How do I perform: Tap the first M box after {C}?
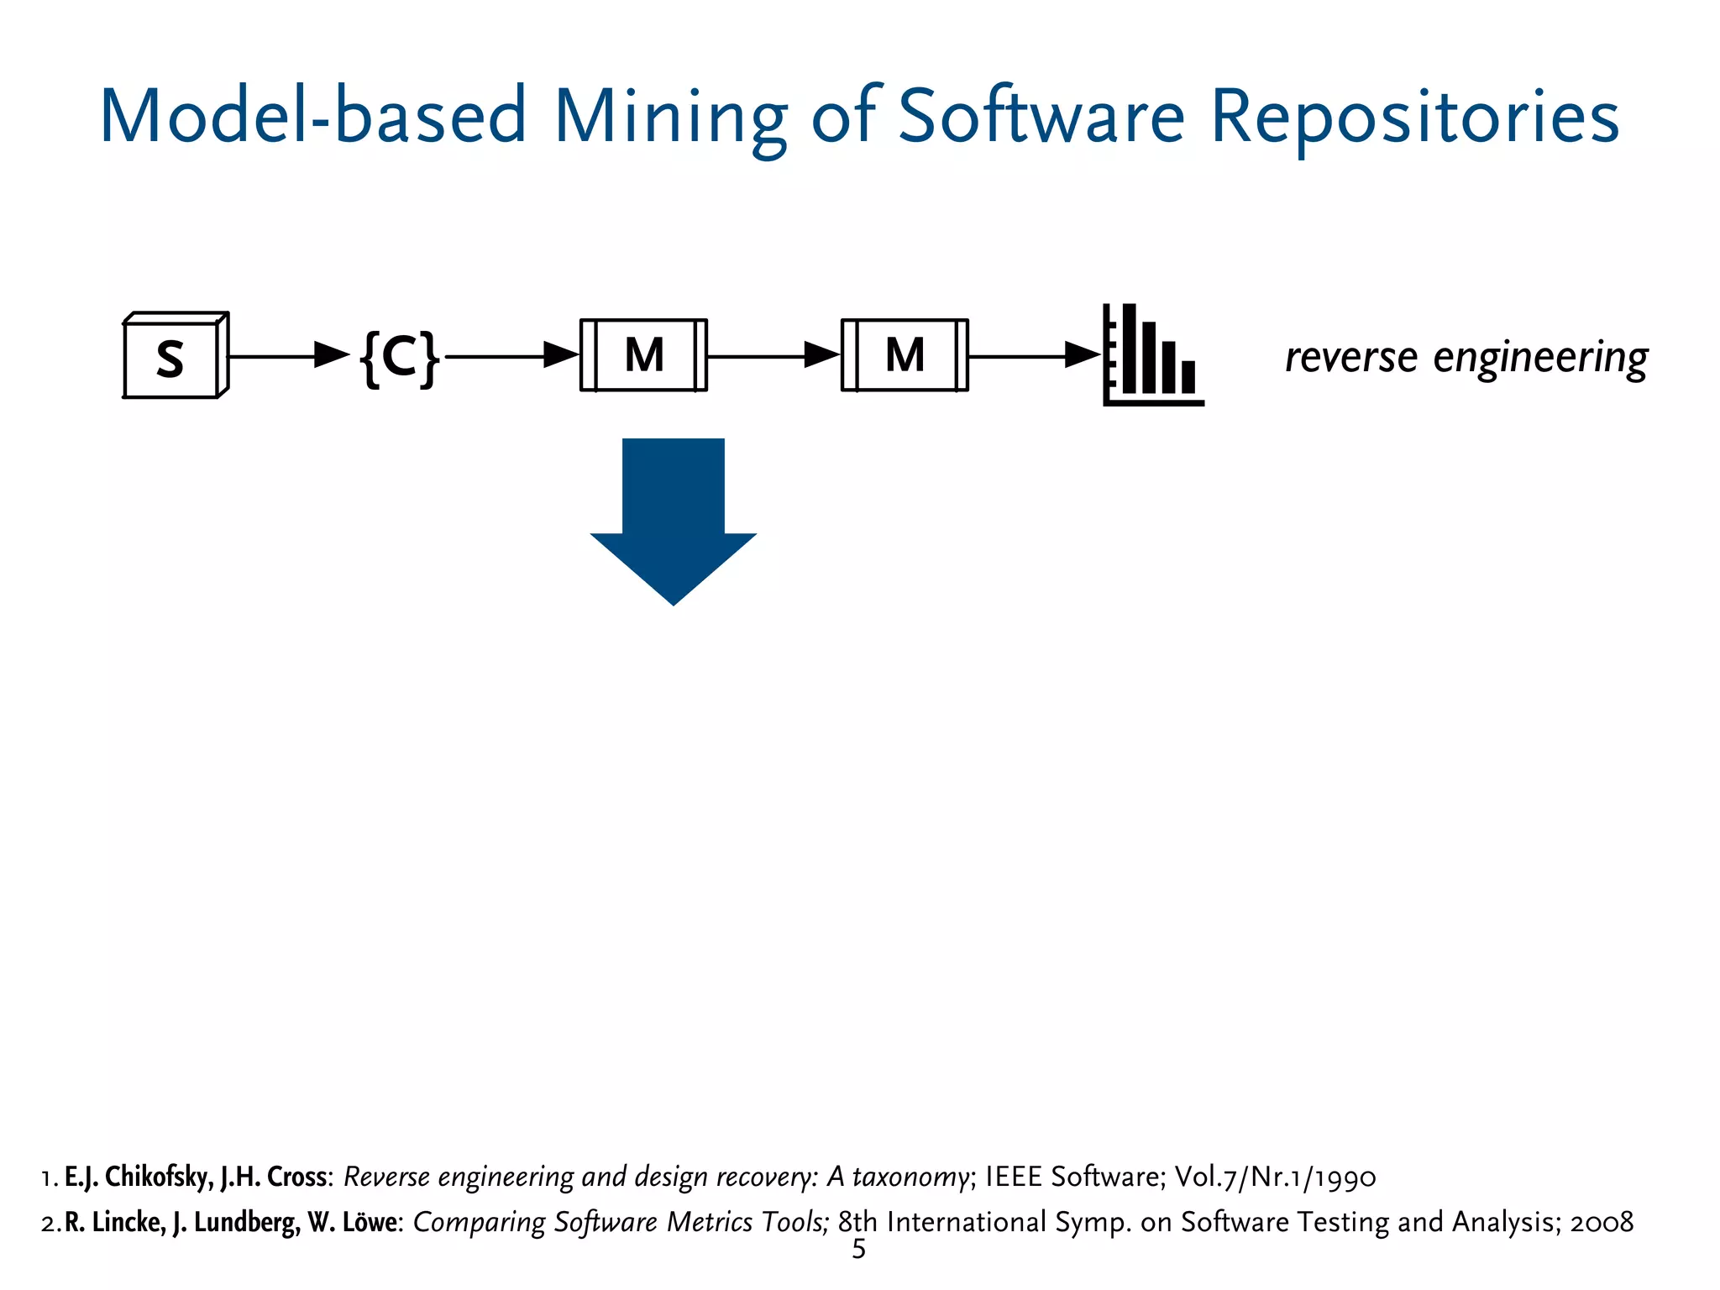click(644, 355)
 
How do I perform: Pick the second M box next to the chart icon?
click(905, 355)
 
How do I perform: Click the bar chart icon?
click(1152, 355)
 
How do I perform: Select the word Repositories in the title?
click(1414, 117)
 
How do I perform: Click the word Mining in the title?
click(670, 117)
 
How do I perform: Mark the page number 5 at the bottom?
click(858, 1250)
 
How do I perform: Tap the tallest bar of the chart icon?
click(1129, 348)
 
